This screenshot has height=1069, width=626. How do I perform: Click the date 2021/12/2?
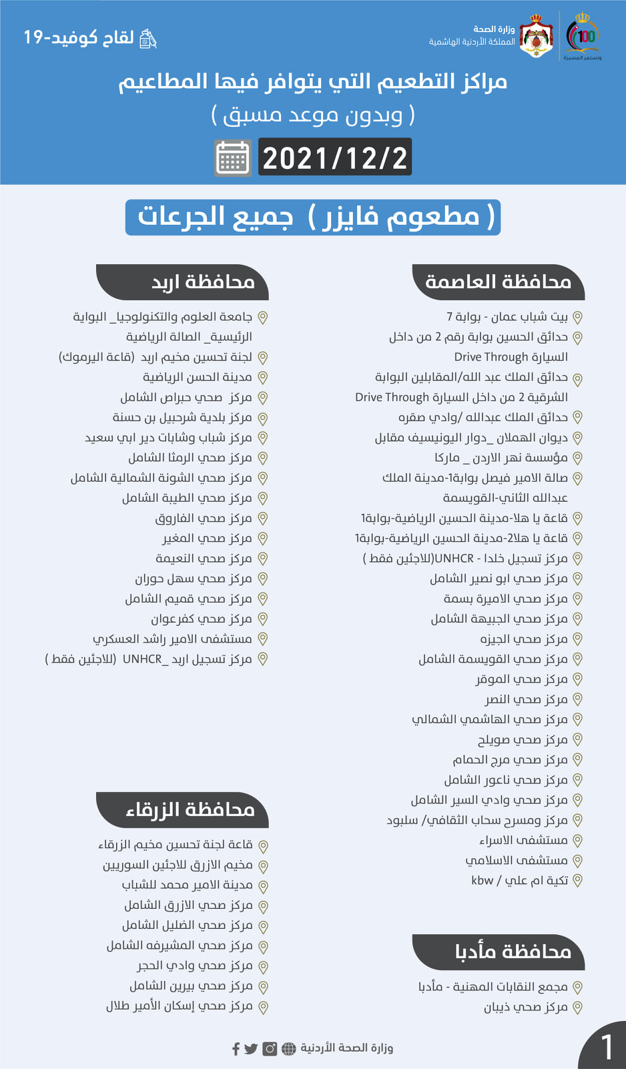point(334,158)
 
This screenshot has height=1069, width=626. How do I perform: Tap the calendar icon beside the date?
point(233,158)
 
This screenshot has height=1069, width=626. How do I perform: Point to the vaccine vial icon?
point(147,39)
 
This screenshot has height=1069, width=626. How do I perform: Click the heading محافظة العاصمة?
point(499,282)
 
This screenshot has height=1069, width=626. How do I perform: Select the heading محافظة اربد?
point(203,282)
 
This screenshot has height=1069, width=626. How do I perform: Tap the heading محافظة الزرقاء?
point(190,810)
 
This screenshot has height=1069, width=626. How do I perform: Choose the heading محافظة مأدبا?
point(513,952)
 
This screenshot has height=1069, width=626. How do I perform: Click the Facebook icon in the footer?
point(236,1049)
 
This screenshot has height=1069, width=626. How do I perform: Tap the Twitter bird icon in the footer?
point(251,1049)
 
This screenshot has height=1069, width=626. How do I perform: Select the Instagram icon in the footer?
point(270,1049)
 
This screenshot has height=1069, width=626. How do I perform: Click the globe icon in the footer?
point(288,1049)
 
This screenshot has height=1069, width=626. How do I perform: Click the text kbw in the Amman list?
point(482,881)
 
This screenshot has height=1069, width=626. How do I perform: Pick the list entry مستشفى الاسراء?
point(523,840)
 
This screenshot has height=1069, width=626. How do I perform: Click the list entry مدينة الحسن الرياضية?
point(198,378)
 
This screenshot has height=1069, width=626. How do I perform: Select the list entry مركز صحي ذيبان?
point(525,1007)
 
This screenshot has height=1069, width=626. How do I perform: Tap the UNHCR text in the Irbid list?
point(142,659)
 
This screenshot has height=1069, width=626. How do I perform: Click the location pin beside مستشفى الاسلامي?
point(578,861)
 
